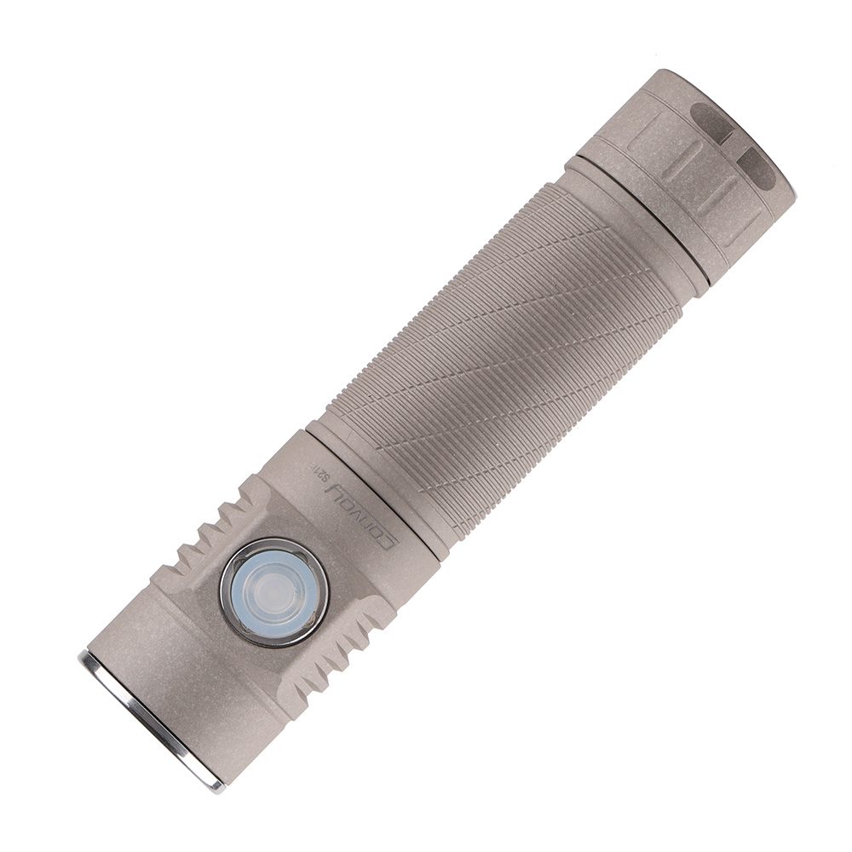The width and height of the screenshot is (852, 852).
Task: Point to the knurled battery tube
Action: pos(503,358)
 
